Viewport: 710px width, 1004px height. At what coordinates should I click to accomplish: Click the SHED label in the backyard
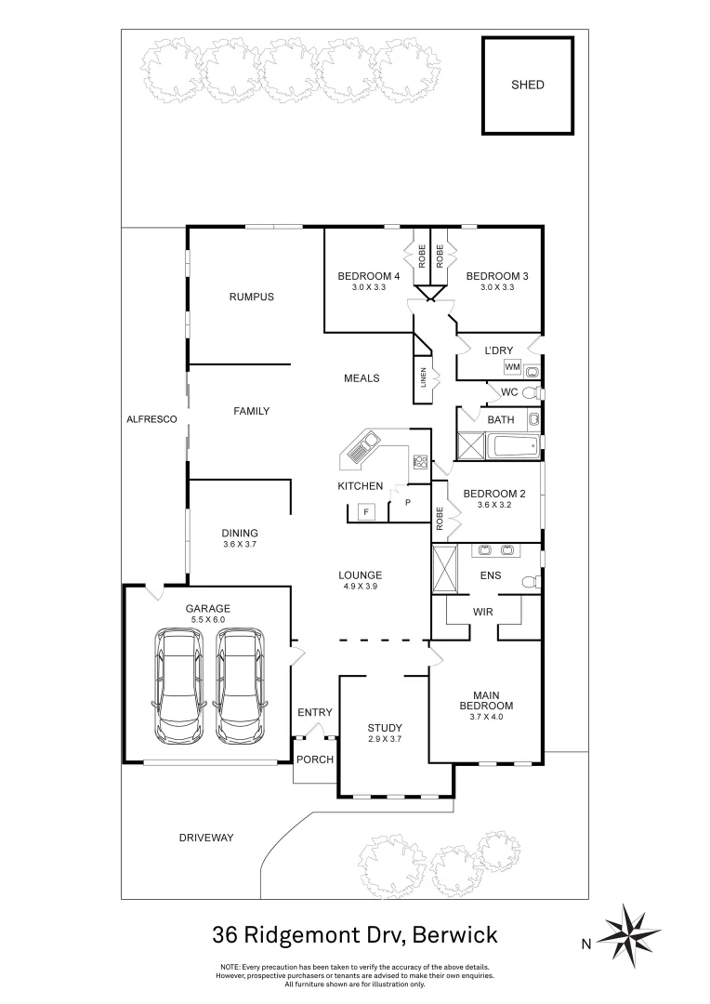click(527, 85)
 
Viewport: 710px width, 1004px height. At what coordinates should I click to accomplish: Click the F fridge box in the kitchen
click(366, 511)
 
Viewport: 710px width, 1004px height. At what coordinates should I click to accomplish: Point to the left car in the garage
click(179, 685)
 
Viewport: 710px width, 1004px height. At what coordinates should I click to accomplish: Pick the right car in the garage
click(239, 685)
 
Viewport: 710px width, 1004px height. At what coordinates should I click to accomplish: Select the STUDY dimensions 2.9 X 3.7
click(383, 740)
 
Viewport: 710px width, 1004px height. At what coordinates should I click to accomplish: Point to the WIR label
click(481, 612)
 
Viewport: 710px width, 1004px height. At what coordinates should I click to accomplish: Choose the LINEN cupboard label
click(424, 378)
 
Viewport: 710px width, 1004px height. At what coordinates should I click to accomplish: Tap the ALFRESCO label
click(151, 420)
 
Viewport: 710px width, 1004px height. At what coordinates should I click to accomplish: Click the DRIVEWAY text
click(206, 838)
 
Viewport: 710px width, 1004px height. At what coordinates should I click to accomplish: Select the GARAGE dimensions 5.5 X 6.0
click(207, 620)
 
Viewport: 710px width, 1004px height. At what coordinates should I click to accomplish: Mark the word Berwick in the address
click(455, 933)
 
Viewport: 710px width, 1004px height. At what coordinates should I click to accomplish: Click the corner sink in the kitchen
click(358, 453)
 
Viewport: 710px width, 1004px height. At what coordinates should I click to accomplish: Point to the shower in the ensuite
click(445, 568)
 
